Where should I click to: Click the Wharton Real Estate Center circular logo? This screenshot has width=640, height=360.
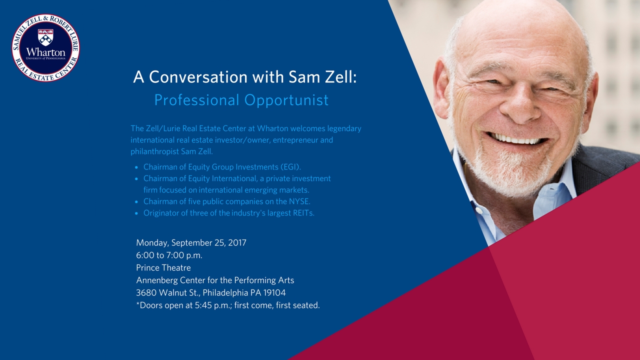coord(45,47)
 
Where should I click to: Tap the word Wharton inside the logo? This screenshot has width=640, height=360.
coord(45,52)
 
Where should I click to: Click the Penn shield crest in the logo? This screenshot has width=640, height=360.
coord(45,37)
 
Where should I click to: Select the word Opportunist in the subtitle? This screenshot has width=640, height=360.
coord(286,100)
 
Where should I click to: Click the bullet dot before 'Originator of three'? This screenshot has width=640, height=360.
coord(136,213)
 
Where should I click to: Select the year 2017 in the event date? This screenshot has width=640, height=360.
coord(237,242)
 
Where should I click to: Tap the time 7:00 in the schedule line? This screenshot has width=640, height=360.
coord(175,255)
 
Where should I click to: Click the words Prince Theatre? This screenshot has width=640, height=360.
coord(163,267)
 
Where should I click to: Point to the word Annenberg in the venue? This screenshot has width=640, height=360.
coord(157,280)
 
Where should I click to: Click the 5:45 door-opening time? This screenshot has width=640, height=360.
coord(203,305)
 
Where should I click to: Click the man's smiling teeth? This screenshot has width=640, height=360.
coord(516,139)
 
